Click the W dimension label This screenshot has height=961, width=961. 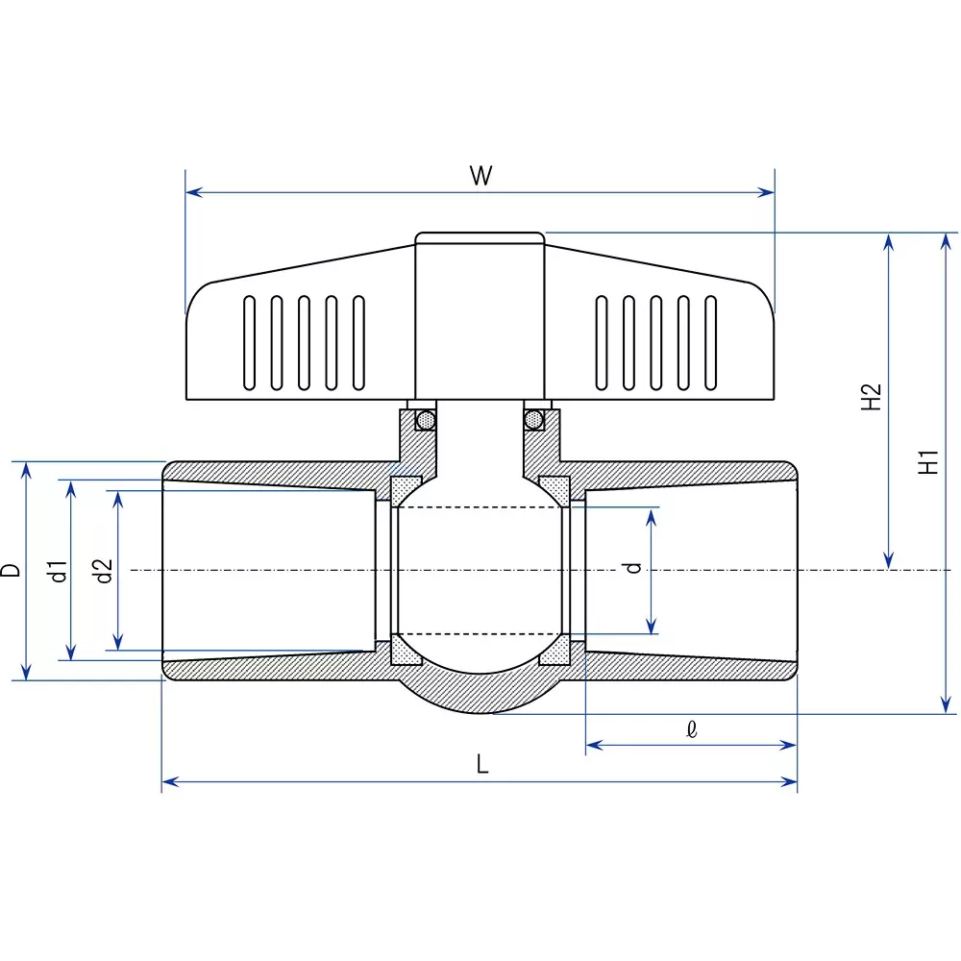pos(480,176)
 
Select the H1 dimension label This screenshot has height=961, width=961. pos(927,462)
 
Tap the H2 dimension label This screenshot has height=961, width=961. pos(871,397)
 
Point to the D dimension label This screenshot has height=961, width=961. pos(11,570)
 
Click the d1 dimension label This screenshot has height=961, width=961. pos(59,570)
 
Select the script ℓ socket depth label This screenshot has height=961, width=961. pos(692,729)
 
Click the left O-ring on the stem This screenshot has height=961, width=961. pos(424,420)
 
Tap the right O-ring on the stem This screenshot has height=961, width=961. pos(533,420)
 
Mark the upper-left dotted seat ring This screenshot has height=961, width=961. pos(405,489)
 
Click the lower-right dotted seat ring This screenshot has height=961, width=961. pos(554,652)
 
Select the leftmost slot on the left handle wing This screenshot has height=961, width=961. pos(250,343)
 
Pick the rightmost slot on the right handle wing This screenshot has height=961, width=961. pos(711,343)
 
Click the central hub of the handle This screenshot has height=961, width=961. pos(480,317)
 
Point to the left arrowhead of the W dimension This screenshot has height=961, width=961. pos(191,192)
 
